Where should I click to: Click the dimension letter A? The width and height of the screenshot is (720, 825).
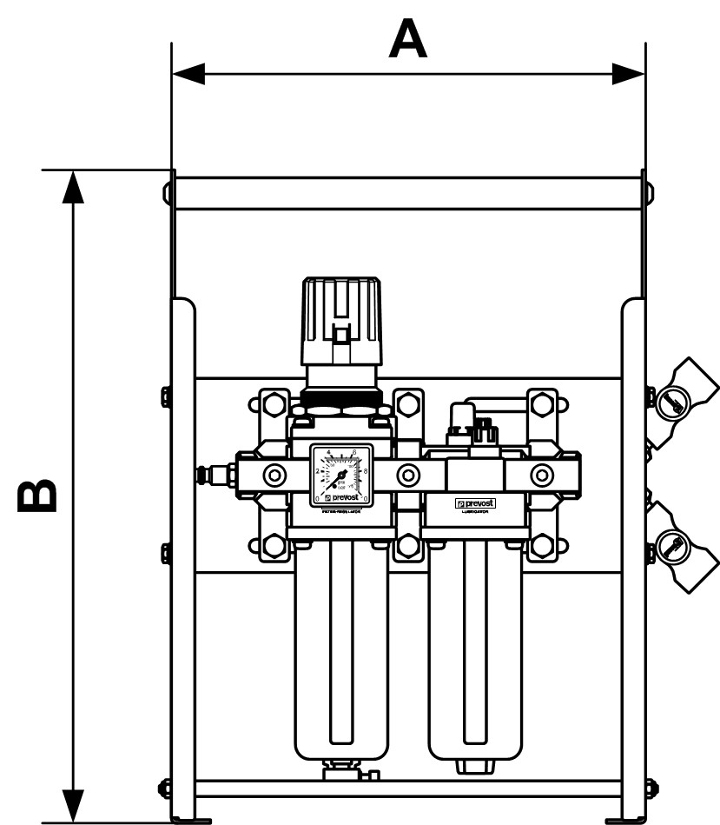pyautogui.click(x=408, y=40)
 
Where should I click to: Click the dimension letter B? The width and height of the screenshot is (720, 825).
pyautogui.click(x=40, y=495)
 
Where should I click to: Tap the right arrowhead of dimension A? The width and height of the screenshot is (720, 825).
pyautogui.click(x=629, y=74)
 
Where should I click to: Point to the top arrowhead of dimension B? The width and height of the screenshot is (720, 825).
pyautogui.click(x=75, y=187)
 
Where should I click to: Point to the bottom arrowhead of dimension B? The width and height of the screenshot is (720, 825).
pyautogui.click(x=75, y=805)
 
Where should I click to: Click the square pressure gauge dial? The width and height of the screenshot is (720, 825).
pyautogui.click(x=341, y=475)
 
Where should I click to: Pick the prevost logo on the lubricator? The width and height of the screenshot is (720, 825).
pyautogui.click(x=475, y=503)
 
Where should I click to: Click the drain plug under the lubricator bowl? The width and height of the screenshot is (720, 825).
pyautogui.click(x=475, y=766)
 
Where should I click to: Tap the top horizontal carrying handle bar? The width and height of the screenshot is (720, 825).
pyautogui.click(x=408, y=193)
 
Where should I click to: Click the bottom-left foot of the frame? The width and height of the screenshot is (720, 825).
pyautogui.click(x=191, y=819)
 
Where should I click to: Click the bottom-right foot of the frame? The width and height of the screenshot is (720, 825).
pyautogui.click(x=625, y=819)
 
